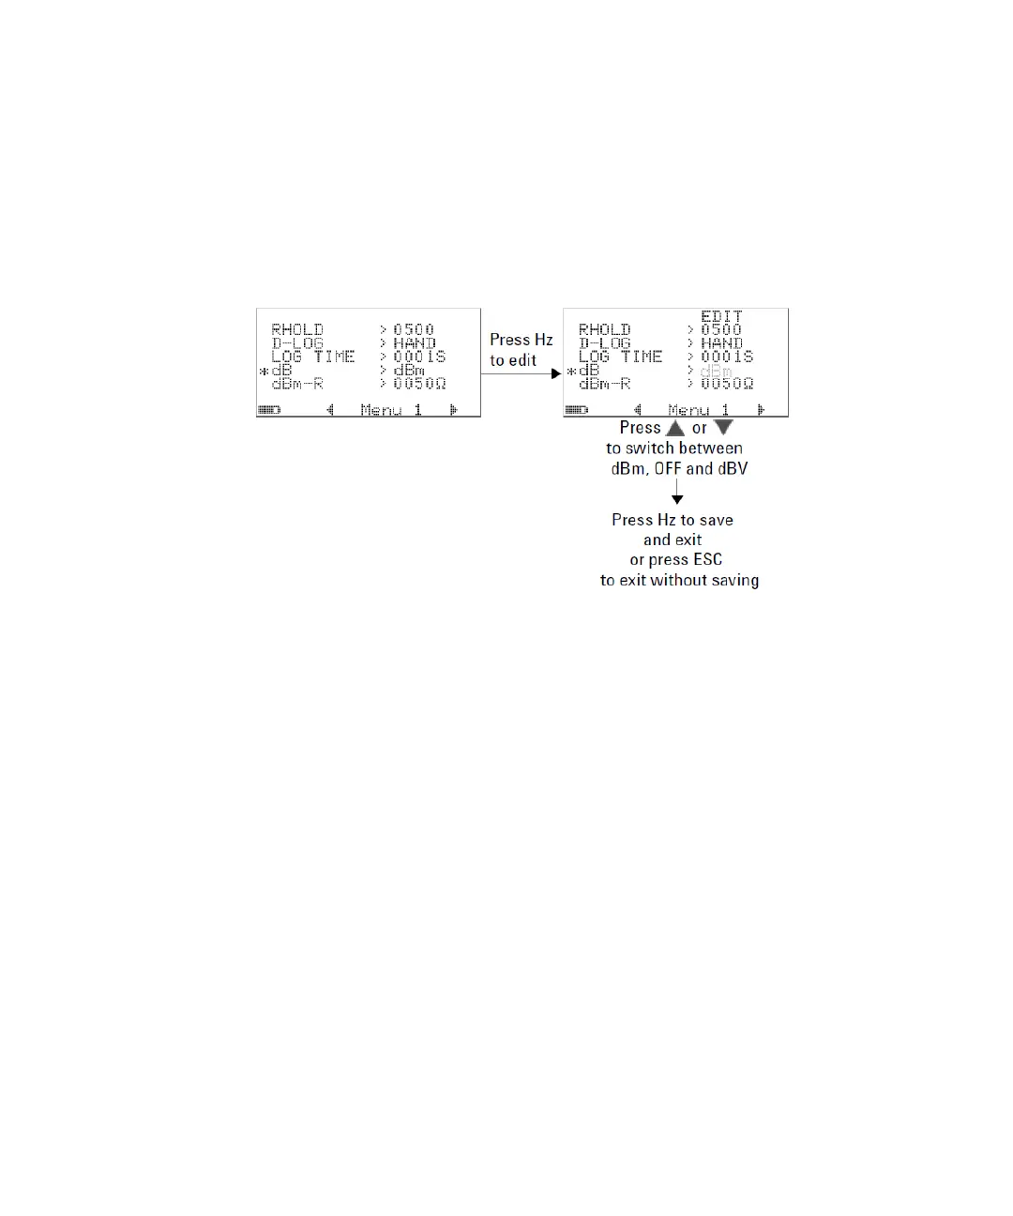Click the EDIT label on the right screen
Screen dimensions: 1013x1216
pos(721,317)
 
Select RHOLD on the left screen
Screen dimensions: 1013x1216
pos(297,329)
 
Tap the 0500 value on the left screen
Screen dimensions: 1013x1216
pos(414,329)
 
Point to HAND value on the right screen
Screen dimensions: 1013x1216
pos(721,343)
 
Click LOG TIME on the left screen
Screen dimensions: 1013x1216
pos(313,357)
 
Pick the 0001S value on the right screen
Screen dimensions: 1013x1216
pos(727,357)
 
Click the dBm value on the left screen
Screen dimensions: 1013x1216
pos(409,371)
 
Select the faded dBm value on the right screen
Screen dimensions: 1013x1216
pos(717,372)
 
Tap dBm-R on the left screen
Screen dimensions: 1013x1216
pos(297,384)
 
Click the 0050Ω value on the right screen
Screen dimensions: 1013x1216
pos(727,384)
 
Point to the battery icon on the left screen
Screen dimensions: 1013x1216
pos(269,410)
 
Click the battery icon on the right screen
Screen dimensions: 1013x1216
pos(576,410)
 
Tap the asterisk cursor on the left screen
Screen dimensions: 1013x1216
pos(264,372)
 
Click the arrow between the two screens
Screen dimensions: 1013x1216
pos(522,373)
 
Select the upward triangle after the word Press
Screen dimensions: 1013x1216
pos(675,428)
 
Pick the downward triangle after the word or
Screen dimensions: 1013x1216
pos(723,428)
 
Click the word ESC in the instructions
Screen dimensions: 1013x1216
pos(707,560)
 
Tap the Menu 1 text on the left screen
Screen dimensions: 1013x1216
pos(391,410)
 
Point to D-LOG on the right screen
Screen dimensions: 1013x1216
pos(604,343)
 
